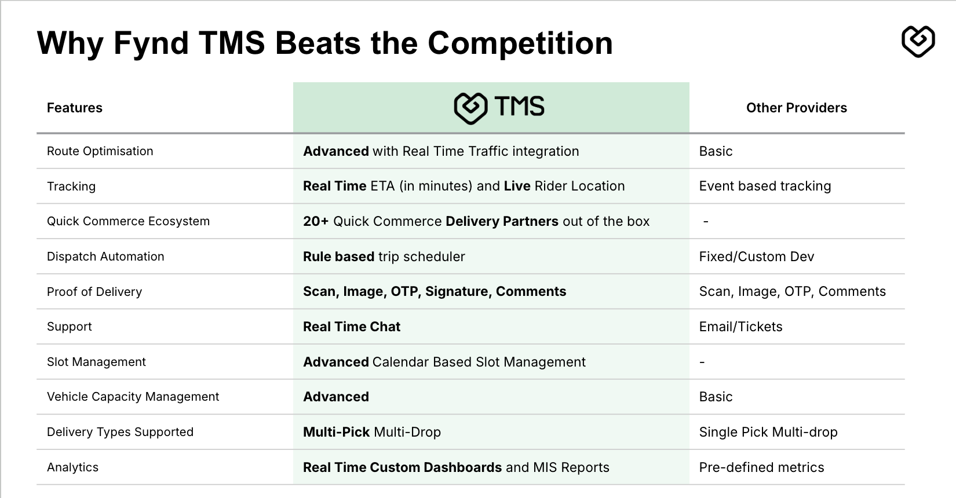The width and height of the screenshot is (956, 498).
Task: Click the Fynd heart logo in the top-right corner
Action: click(918, 41)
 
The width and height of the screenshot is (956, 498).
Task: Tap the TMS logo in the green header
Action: click(499, 108)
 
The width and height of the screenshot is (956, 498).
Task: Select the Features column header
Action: click(75, 108)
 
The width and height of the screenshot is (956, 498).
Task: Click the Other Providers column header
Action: click(797, 108)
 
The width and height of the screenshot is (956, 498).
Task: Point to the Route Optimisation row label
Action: click(100, 151)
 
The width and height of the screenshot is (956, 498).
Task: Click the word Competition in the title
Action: click(520, 43)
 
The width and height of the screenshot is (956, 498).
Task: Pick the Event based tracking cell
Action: click(765, 186)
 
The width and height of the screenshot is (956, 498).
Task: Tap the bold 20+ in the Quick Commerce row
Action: click(316, 221)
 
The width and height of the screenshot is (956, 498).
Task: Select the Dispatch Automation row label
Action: click(105, 257)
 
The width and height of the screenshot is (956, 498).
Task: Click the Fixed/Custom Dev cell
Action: click(756, 257)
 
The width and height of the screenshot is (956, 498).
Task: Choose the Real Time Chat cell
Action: click(352, 327)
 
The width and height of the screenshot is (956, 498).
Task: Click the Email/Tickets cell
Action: click(740, 327)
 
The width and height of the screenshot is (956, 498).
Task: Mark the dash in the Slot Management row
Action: click(702, 362)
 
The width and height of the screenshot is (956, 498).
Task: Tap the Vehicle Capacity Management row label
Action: click(133, 397)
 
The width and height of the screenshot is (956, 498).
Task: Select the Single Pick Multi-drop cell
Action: click(768, 433)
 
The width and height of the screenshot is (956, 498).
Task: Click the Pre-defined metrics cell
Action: click(761, 468)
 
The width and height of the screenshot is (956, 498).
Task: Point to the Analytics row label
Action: click(72, 468)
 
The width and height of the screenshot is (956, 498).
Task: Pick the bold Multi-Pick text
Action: click(336, 433)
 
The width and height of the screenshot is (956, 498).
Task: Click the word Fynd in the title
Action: click(151, 43)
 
